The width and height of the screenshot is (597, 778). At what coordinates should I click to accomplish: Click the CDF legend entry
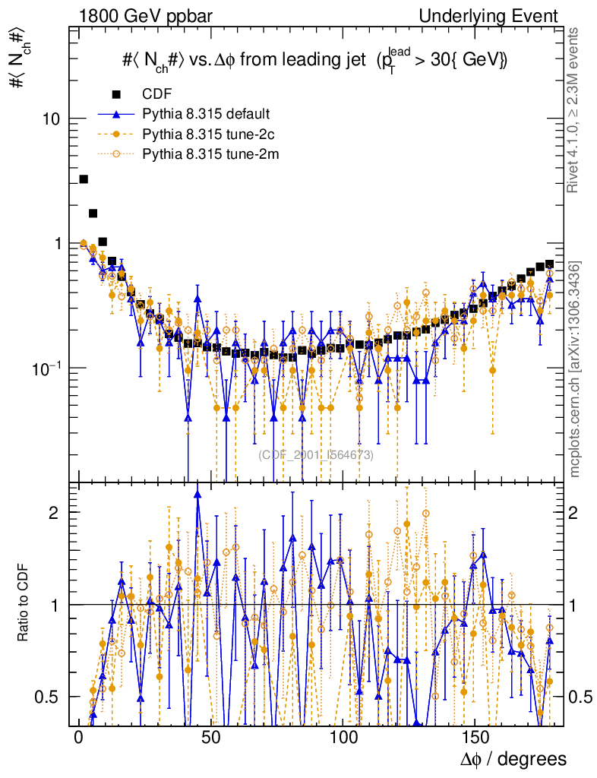(x=157, y=94)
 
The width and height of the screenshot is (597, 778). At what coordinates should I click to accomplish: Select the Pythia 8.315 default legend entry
(x=206, y=115)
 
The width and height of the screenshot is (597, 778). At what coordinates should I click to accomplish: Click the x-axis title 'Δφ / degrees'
(x=513, y=759)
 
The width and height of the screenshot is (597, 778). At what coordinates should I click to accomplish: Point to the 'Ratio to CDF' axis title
(x=24, y=604)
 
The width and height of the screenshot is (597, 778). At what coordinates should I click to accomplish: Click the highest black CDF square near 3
(x=84, y=179)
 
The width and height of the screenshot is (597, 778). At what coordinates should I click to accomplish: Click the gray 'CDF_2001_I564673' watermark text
(x=316, y=455)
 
